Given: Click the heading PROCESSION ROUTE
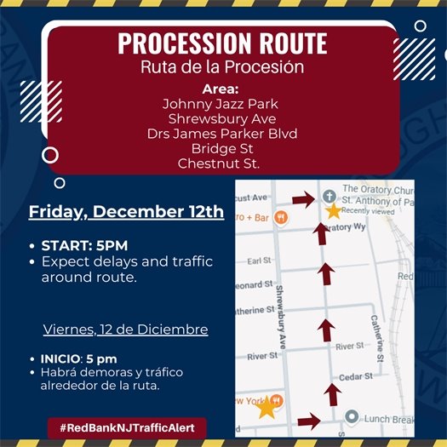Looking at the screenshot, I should [x=222, y=43].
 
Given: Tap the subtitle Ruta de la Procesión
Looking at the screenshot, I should [x=222, y=66].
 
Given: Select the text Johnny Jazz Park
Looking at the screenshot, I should [x=221, y=104].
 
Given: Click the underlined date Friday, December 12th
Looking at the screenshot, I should [x=127, y=211].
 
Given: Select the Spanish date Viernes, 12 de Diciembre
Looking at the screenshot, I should [x=125, y=329].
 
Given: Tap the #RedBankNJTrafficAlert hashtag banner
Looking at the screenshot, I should [x=127, y=426].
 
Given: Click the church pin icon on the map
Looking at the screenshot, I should [x=328, y=193].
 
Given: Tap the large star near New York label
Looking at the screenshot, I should [x=266, y=407].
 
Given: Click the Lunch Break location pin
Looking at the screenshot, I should [x=351, y=417].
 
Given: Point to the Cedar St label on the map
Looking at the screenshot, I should [x=355, y=376].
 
